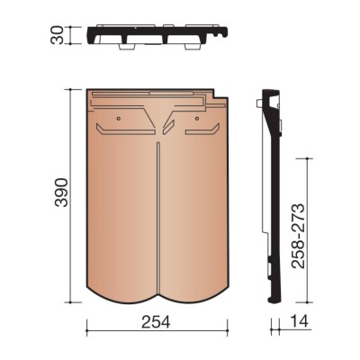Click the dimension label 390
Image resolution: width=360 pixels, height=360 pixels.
click(61, 193)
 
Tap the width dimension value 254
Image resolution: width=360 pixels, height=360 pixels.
click(156, 322)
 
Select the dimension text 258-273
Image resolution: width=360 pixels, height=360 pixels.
click(298, 236)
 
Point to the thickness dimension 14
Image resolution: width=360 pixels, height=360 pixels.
click(299, 321)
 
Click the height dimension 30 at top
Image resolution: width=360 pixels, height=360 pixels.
click(58, 35)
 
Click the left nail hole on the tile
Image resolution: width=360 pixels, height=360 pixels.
click(119, 118)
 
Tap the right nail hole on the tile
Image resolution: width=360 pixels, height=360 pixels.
click(197, 118)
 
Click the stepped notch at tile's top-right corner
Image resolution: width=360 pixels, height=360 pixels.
click(220, 94)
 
